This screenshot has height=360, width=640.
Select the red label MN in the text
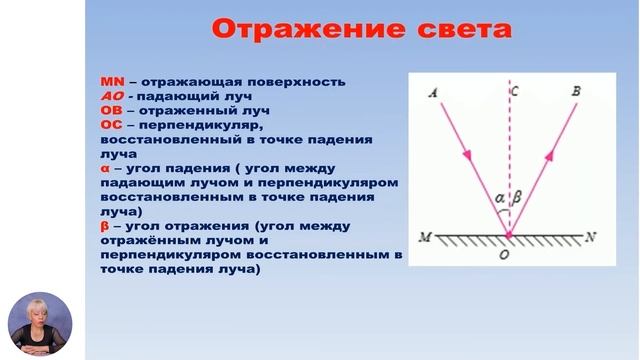point(111,82)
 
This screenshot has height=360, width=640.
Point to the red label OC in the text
point(111,126)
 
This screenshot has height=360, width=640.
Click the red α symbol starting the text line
point(105,169)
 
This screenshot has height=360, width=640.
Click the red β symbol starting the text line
point(105,227)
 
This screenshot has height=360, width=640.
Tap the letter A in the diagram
point(432,92)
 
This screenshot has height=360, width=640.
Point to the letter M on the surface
point(426,238)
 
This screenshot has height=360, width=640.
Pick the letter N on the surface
point(591,237)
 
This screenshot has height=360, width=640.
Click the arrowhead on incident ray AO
point(467,157)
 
